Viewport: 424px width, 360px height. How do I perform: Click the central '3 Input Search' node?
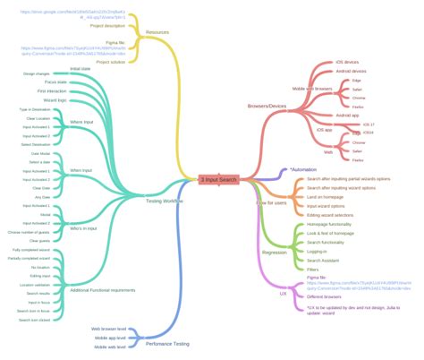[218, 180]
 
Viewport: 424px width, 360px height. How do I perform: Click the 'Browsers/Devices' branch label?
[268, 107]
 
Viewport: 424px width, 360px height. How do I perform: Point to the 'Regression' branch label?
[275, 227]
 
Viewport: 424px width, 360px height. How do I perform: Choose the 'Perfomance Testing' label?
[168, 343]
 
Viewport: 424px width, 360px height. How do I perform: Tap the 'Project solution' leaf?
[112, 62]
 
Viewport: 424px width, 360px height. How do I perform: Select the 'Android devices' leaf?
[352, 71]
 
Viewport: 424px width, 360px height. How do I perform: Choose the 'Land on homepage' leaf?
[327, 198]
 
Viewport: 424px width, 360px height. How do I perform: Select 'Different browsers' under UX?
[326, 296]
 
